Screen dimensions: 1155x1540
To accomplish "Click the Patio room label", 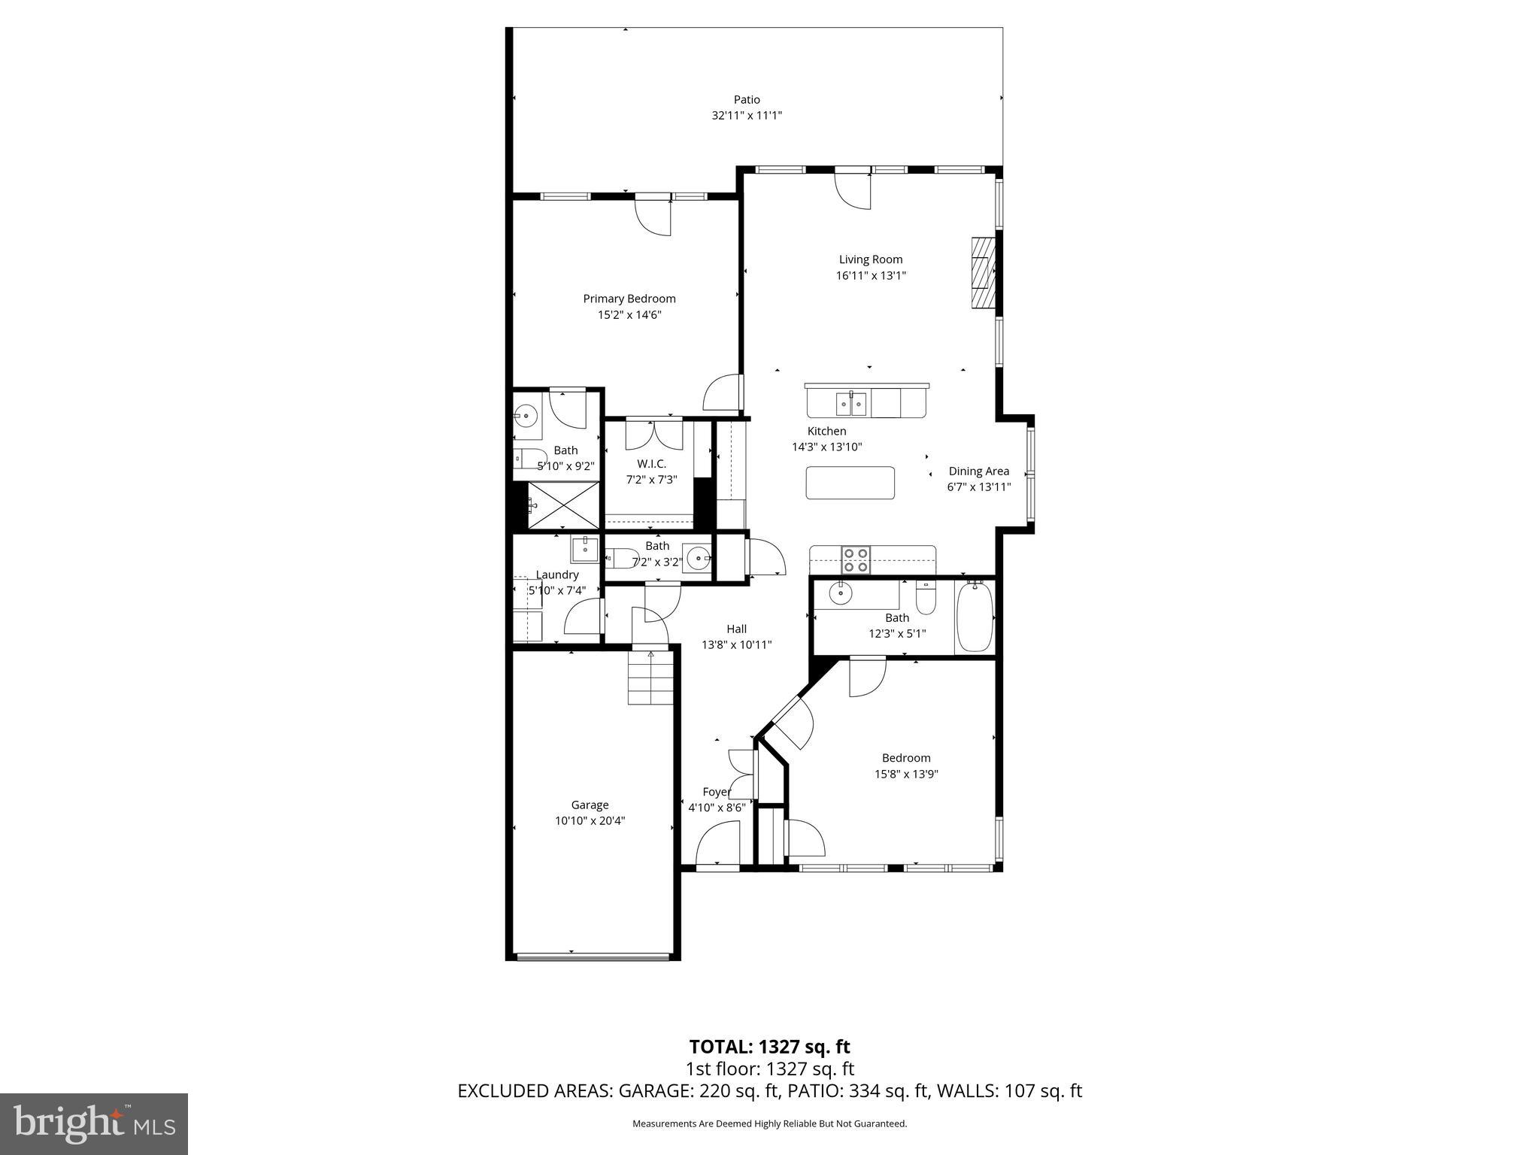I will tap(747, 99).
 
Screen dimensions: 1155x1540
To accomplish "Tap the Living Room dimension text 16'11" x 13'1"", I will tap(871, 276).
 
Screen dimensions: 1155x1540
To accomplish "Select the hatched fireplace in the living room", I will tap(983, 273).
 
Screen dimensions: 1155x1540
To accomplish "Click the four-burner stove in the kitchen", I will tap(855, 560).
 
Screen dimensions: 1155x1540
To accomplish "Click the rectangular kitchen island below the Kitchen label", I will tap(850, 483).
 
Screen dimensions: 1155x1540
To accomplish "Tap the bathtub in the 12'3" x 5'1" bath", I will tap(975, 617).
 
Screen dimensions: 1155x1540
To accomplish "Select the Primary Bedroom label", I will tap(629, 299).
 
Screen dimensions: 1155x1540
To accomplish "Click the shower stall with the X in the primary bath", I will tap(563, 505).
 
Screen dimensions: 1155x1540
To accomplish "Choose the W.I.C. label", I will tap(651, 464).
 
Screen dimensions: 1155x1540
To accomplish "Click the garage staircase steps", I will tap(651, 678).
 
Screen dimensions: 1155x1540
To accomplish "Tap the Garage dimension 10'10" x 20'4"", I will tap(590, 821).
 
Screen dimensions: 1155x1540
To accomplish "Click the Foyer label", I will tap(717, 792).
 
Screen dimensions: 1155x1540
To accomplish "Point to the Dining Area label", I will tap(978, 471).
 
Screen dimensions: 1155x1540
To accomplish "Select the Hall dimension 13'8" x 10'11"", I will tap(736, 645).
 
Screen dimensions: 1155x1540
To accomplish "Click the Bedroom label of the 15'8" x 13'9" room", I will tap(906, 758).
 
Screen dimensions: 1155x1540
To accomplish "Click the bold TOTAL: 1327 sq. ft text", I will tap(769, 1047).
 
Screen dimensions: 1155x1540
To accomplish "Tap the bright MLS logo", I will tap(94, 1123).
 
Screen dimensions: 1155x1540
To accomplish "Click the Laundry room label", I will tap(557, 574).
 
